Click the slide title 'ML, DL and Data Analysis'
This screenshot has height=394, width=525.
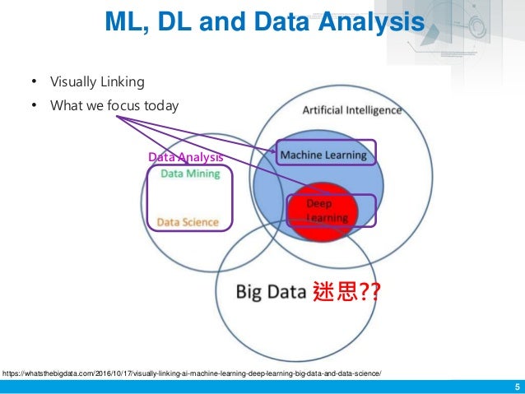point(263,23)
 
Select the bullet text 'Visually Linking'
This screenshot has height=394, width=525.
point(97,81)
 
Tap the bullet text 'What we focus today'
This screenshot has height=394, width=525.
point(114,105)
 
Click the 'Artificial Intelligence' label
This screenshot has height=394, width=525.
point(352,110)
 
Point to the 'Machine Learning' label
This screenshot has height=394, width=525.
point(323,154)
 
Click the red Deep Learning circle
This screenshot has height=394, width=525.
point(321,211)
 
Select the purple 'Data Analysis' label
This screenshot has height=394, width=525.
point(185,156)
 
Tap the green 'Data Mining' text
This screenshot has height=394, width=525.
point(190,174)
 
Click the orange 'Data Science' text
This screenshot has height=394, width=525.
point(188,222)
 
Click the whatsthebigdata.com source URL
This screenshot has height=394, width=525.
point(192,373)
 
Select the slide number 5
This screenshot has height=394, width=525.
point(516,387)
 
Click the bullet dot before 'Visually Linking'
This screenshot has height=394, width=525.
point(35,81)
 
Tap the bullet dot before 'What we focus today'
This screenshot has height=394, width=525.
point(35,105)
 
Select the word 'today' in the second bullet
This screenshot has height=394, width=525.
point(160,105)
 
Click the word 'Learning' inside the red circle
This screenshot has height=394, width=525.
point(327,218)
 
